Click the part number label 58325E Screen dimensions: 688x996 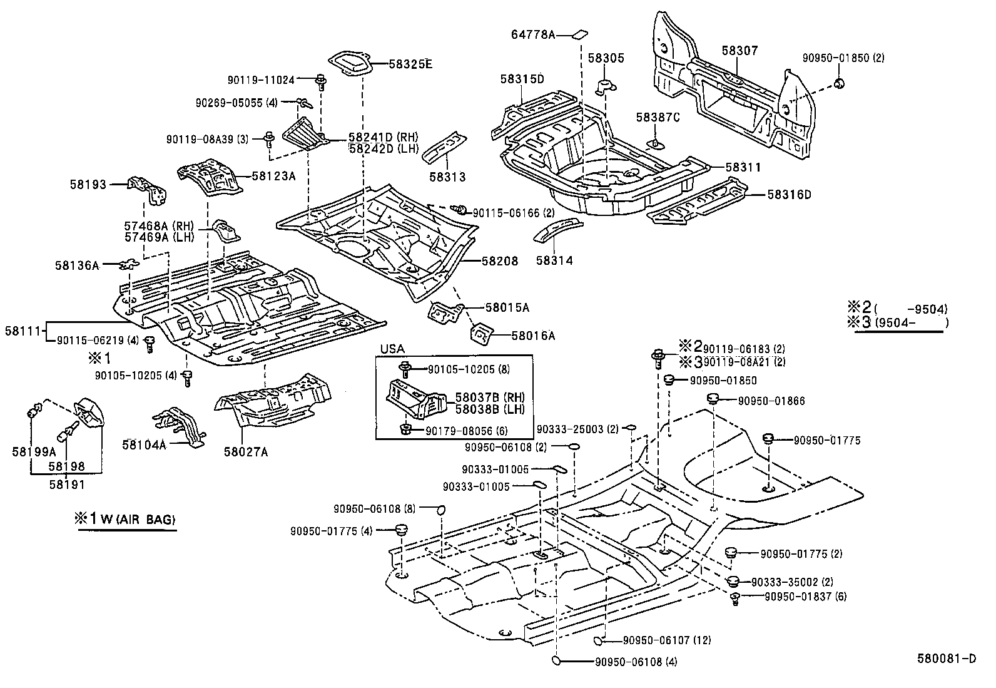coord(410,63)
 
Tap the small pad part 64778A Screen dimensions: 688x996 coord(580,34)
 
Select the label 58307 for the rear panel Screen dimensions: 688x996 coord(739,50)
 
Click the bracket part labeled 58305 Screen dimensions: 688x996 coord(606,87)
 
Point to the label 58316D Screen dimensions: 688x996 coord(789,195)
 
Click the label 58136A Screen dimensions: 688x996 coord(77,265)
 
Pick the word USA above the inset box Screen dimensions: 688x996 coord(392,349)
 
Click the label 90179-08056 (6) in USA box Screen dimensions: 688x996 coord(467,431)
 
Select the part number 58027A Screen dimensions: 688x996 coord(246,452)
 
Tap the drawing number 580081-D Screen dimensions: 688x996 coord(947,658)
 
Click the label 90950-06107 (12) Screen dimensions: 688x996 coord(667,640)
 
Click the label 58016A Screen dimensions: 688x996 coord(533,336)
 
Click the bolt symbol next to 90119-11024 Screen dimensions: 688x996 coord(321,81)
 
